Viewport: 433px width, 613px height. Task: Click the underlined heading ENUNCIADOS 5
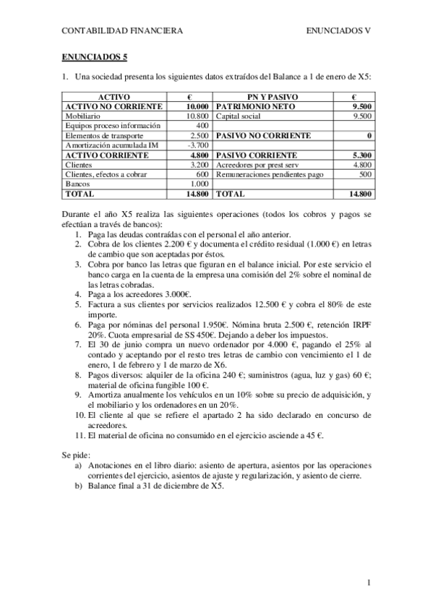coord(95,56)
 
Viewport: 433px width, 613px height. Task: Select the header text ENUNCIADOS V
coord(338,30)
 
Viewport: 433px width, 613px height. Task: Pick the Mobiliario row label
coord(82,116)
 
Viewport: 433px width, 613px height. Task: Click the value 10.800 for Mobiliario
coord(197,116)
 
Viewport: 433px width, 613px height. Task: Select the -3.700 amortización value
coord(197,145)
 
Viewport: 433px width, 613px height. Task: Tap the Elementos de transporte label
coord(104,135)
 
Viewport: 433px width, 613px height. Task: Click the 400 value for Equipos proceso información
coord(202,126)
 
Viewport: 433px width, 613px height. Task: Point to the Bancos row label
coord(77,184)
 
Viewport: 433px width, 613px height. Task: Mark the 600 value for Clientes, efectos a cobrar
coord(202,174)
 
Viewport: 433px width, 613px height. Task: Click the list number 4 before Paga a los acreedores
coord(79,294)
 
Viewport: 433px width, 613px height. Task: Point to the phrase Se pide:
coord(76,455)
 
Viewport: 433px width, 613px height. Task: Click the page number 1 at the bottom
coord(369,583)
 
